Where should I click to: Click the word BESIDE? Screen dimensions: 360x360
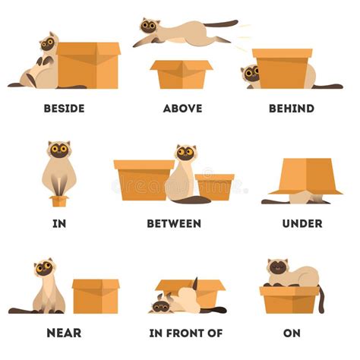65,109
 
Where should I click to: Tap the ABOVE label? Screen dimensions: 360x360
183,109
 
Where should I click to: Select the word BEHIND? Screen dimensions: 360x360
292,109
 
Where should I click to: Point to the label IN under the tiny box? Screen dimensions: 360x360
59,223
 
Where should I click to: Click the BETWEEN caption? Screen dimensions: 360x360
174,223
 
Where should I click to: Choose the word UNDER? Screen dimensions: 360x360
302,223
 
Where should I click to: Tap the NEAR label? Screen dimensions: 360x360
64,333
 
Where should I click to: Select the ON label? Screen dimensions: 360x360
292,333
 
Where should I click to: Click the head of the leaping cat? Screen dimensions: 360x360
150,25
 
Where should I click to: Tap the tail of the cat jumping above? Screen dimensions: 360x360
221,24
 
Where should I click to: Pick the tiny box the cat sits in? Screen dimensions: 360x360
59,201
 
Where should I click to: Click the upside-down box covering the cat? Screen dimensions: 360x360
306,176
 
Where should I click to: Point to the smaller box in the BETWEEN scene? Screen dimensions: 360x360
215,187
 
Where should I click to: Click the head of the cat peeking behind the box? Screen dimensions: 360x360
250,73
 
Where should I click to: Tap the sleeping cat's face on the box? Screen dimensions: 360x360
278,267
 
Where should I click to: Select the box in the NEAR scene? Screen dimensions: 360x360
96,296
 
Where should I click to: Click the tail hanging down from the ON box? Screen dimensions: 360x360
321,300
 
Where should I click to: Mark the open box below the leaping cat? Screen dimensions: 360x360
182,74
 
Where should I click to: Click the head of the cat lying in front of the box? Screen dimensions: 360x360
161,305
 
